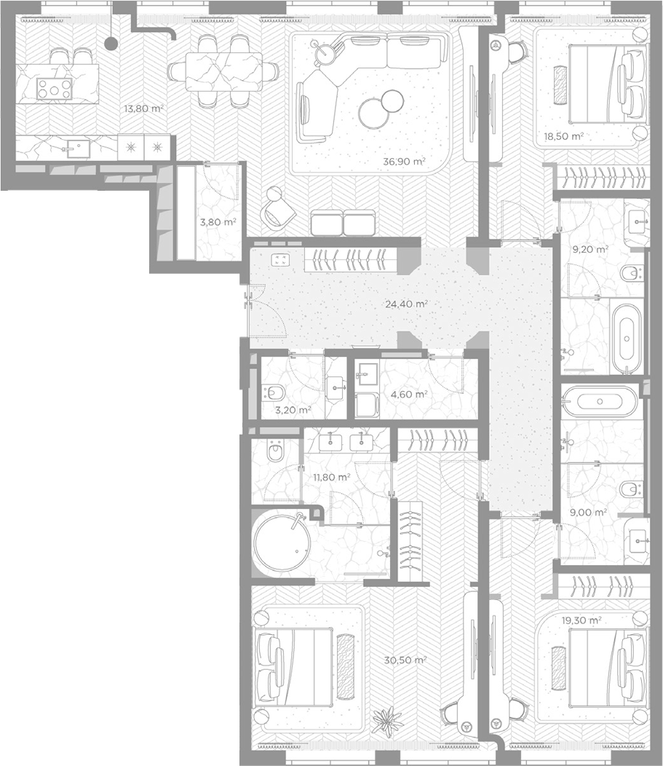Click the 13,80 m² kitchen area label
tap(143, 108)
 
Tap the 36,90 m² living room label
tap(405, 161)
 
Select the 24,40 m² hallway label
tap(406, 304)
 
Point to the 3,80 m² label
tap(218, 222)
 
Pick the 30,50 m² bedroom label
tap(405, 660)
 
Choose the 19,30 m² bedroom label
tap(581, 620)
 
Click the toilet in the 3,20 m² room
tap(275, 392)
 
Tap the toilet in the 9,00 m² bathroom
tap(632, 489)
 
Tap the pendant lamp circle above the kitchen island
tap(111, 44)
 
